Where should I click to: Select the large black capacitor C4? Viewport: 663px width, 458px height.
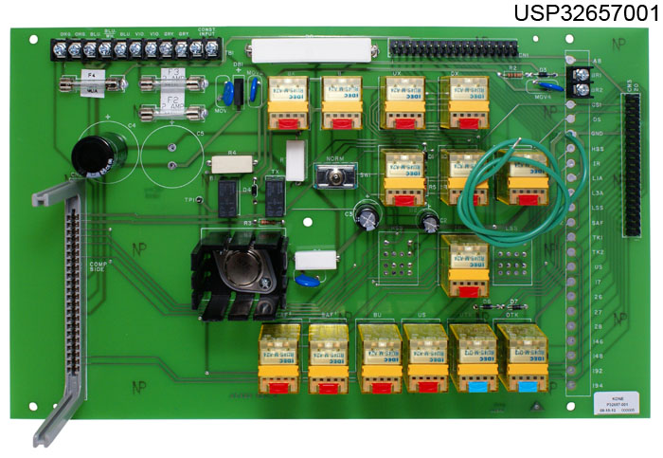[x=97, y=156]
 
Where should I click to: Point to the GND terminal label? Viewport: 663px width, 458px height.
[x=598, y=134]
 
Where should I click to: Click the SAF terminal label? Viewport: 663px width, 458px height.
[x=598, y=221]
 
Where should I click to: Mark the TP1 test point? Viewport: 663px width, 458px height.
[x=192, y=201]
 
